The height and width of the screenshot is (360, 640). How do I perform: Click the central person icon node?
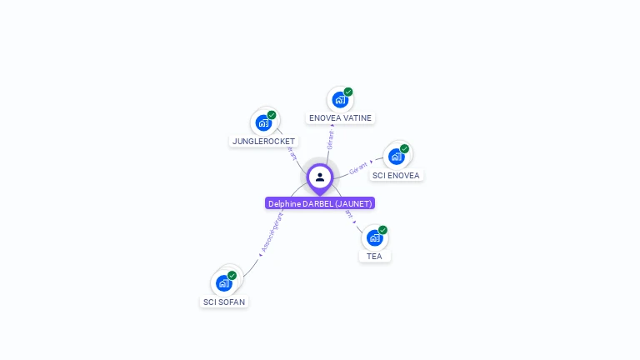click(320, 177)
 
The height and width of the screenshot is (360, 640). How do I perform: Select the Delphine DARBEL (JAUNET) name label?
click(320, 203)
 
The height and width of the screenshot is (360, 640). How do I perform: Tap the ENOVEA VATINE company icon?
click(339, 100)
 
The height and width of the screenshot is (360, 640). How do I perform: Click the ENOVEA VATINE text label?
click(340, 118)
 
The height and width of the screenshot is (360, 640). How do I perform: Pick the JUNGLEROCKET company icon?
click(263, 123)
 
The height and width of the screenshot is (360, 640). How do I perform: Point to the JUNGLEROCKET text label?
click(263, 142)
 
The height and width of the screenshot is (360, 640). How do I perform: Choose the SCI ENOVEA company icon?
click(397, 157)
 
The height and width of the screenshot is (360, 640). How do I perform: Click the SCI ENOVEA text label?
click(397, 176)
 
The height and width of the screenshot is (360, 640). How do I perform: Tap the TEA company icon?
click(375, 237)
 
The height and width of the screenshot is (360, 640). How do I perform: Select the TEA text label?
click(375, 257)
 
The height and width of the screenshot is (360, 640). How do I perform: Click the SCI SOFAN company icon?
click(224, 283)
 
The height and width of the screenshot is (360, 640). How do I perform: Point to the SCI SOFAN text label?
click(224, 302)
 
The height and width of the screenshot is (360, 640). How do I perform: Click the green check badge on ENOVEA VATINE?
click(348, 92)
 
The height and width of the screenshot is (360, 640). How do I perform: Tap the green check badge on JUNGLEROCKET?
click(272, 115)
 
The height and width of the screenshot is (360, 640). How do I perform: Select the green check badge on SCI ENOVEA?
click(404, 149)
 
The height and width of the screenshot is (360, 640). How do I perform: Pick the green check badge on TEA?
click(382, 230)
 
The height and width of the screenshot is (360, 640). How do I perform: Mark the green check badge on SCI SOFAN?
click(232, 275)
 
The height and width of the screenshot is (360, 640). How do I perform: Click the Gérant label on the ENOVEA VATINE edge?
click(331, 139)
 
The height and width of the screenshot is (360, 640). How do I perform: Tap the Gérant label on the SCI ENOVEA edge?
click(358, 168)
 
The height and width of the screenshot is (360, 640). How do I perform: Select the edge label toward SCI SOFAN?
click(272, 232)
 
